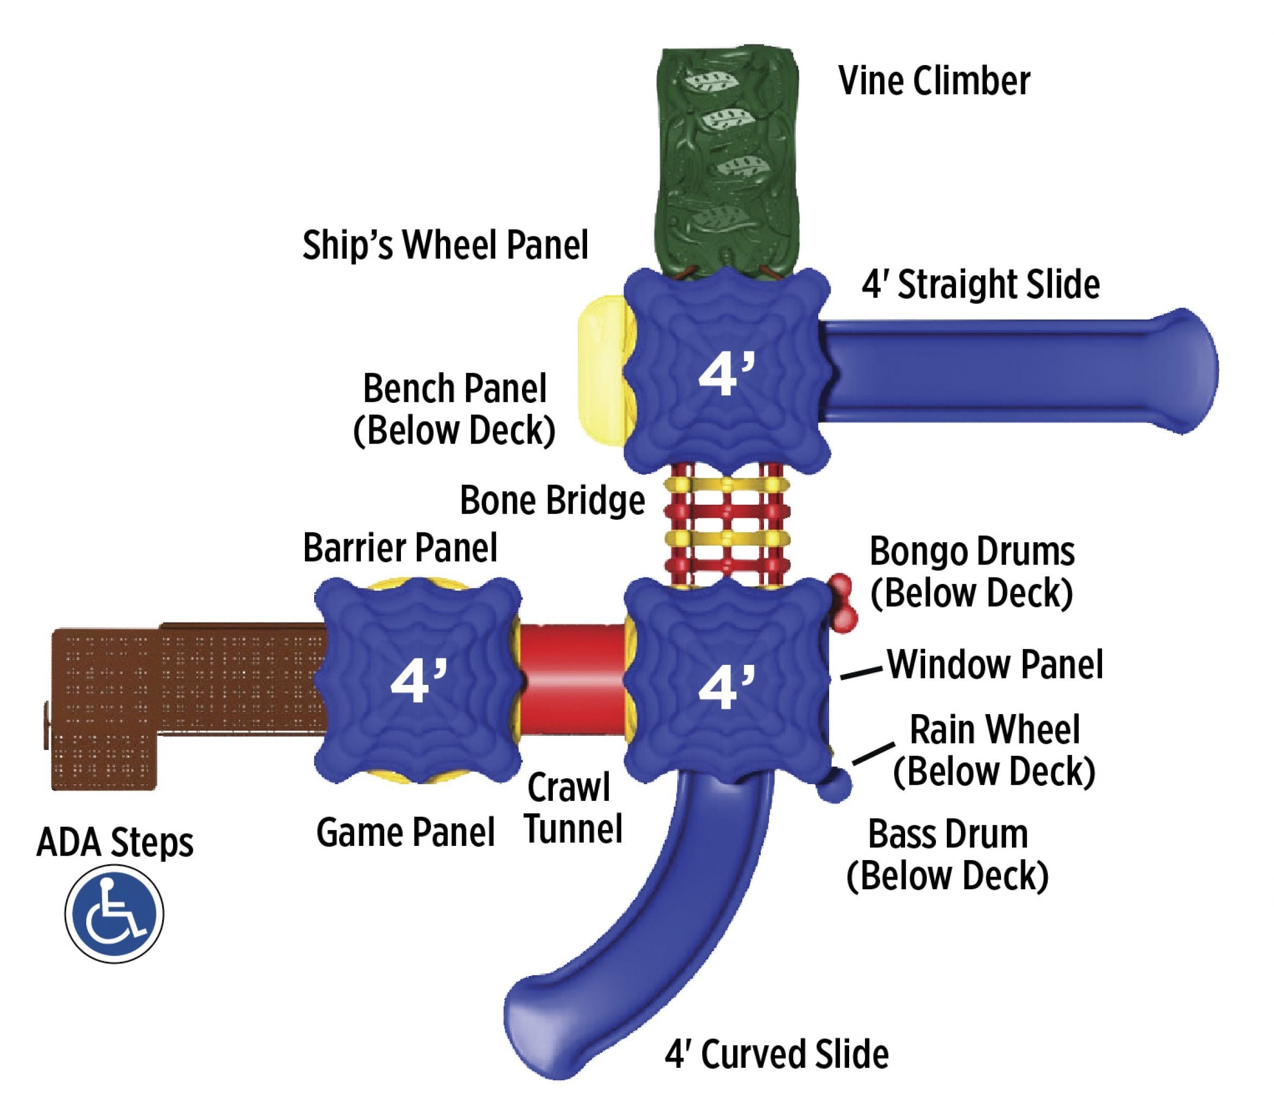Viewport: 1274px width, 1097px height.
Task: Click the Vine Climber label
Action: coord(934,82)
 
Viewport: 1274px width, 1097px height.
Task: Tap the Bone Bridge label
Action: coord(552,501)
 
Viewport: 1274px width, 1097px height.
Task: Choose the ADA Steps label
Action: coord(115,842)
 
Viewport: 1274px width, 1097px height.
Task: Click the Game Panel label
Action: coord(405,833)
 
